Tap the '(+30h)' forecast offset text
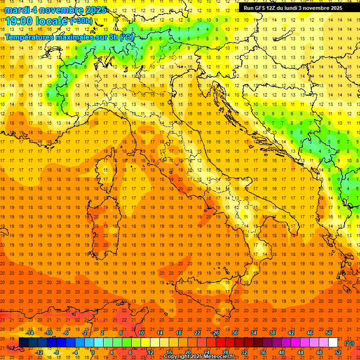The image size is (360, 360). [x=81, y=21]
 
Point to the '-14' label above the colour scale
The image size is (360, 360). [x=30, y=332]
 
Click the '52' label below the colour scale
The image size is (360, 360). [x=338, y=352]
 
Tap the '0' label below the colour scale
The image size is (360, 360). [x=93, y=352]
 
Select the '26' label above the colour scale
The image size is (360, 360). [x=216, y=332]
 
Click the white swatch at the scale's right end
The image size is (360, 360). [x=333, y=342]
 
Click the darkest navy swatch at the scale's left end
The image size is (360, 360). [x=23, y=342]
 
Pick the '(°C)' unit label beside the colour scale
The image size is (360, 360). [x=350, y=343]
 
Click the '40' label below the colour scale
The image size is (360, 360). [x=282, y=352]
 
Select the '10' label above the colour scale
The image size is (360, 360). [x=141, y=332]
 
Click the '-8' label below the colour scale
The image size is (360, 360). [x=57, y=352]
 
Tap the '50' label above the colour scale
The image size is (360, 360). [x=328, y=332]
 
